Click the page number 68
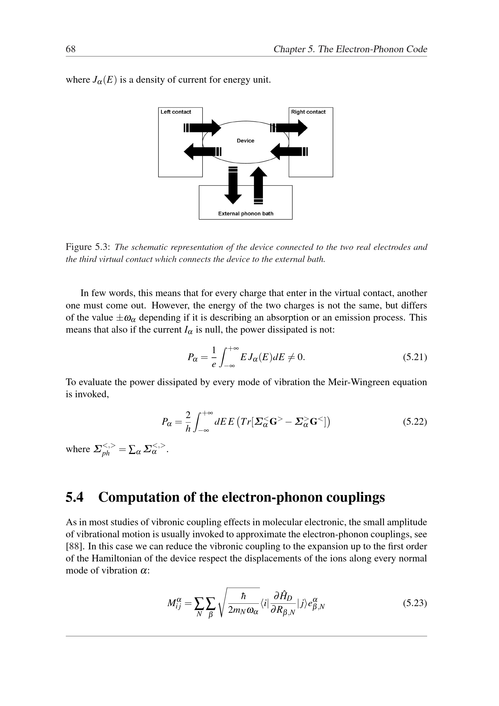click(x=70, y=49)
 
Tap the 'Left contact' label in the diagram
click(x=176, y=112)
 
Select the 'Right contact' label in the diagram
click(x=308, y=112)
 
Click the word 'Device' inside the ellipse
click(x=245, y=141)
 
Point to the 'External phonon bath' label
click(x=245, y=214)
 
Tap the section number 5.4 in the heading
click(x=74, y=497)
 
